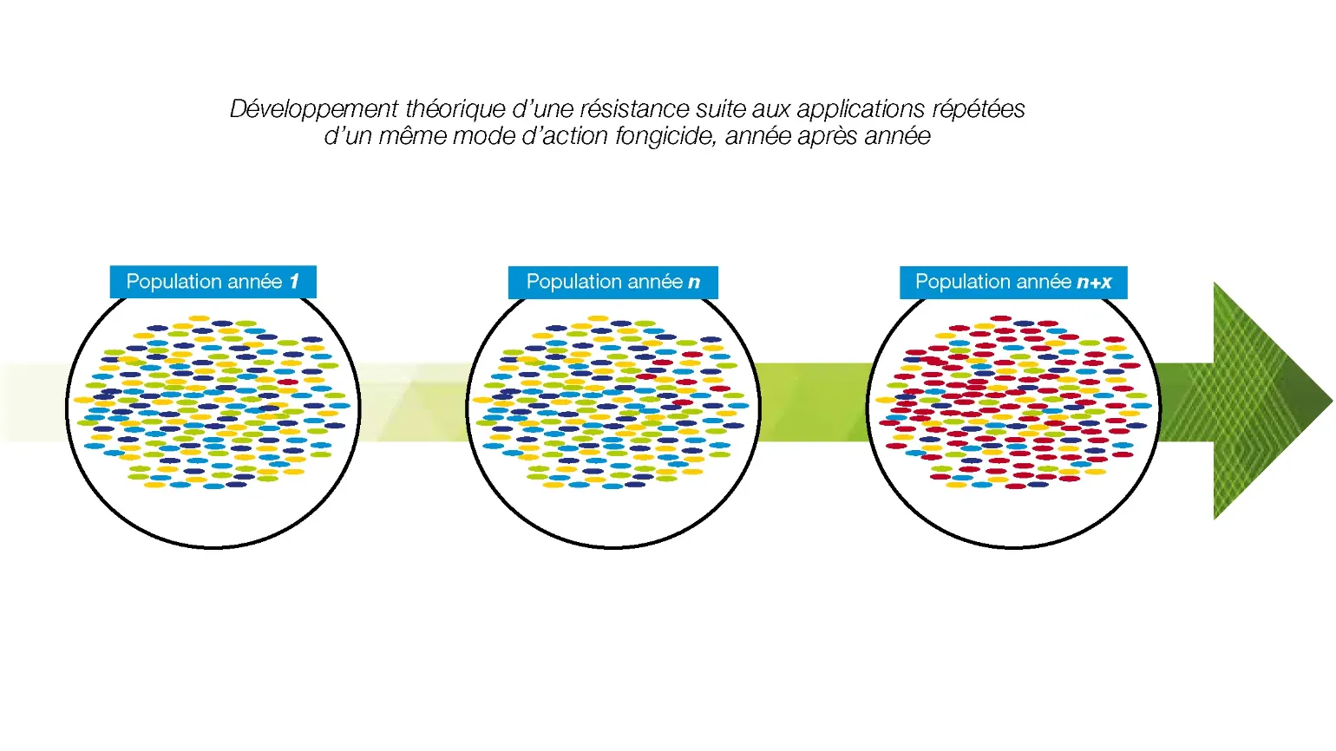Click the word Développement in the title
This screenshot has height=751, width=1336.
[x=314, y=109]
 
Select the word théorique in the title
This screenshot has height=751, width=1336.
[x=455, y=109]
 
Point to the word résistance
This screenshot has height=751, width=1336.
[x=634, y=109]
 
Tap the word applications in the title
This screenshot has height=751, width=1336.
[x=861, y=109]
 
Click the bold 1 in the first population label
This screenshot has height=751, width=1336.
[x=294, y=281]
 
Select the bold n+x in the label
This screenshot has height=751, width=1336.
[x=1095, y=282]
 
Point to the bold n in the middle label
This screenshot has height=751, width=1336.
[x=694, y=282]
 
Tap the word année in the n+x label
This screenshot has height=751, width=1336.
[x=1045, y=281]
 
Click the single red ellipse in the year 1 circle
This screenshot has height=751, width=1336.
[x=287, y=382]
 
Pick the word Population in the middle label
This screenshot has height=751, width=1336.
[x=573, y=281]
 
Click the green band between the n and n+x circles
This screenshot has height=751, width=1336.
[x=814, y=402]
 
